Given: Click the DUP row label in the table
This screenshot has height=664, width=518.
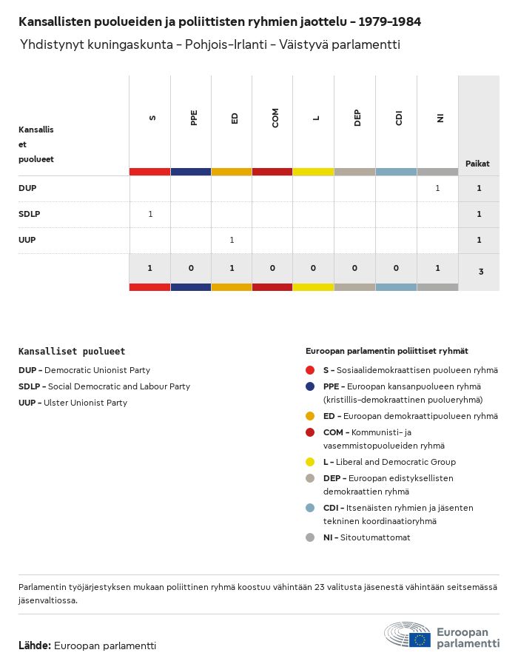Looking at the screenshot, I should [x=27, y=189].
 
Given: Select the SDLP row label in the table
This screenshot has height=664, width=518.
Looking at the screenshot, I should [x=30, y=215].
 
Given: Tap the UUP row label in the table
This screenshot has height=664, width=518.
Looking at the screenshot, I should [x=27, y=241].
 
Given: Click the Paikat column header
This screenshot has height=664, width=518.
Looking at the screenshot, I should [x=477, y=164].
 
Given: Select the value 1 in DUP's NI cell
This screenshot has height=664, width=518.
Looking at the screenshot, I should [x=437, y=189].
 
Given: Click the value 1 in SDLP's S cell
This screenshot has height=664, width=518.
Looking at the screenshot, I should [x=150, y=215].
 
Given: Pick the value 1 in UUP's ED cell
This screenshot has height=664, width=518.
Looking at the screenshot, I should [x=232, y=241].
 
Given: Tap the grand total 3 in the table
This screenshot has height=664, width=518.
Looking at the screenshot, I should [x=481, y=272].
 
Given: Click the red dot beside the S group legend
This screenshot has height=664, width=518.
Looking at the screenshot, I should [x=310, y=370].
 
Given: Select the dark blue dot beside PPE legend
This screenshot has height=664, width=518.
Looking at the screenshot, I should [x=310, y=386].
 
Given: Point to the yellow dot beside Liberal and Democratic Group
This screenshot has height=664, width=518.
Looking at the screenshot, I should [x=310, y=462].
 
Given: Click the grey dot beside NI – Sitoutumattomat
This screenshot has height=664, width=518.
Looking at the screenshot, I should [x=310, y=537].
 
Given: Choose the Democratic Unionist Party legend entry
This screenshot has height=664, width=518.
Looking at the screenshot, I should [x=84, y=370].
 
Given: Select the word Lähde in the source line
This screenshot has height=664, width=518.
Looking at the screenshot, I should [x=34, y=645].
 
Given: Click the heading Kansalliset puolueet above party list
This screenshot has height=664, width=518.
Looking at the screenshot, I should [x=72, y=352].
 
